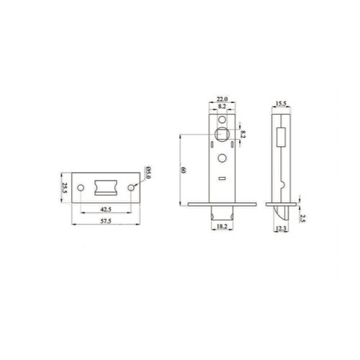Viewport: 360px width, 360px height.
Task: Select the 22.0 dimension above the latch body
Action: pyautogui.click(x=222, y=99)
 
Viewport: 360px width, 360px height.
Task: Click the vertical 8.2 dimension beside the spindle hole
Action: pyautogui.click(x=244, y=133)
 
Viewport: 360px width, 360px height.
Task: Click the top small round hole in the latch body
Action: pyautogui.click(x=222, y=117)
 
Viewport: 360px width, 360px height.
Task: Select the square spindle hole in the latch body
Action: pyautogui.click(x=222, y=133)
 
